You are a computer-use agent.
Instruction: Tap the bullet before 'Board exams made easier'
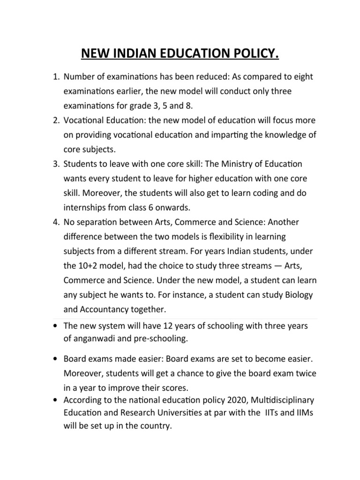click(x=56, y=359)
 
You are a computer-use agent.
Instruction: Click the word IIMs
click(x=305, y=413)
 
